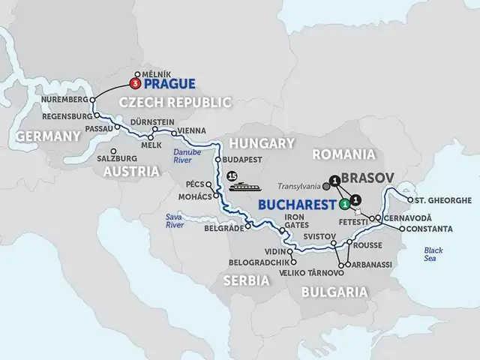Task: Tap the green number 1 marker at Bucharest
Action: (343, 203)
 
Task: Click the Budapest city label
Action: (243, 160)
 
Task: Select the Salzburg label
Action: (116, 159)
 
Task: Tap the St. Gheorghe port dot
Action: (407, 200)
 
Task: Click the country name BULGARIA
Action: (335, 292)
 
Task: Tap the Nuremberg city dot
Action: (92, 99)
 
